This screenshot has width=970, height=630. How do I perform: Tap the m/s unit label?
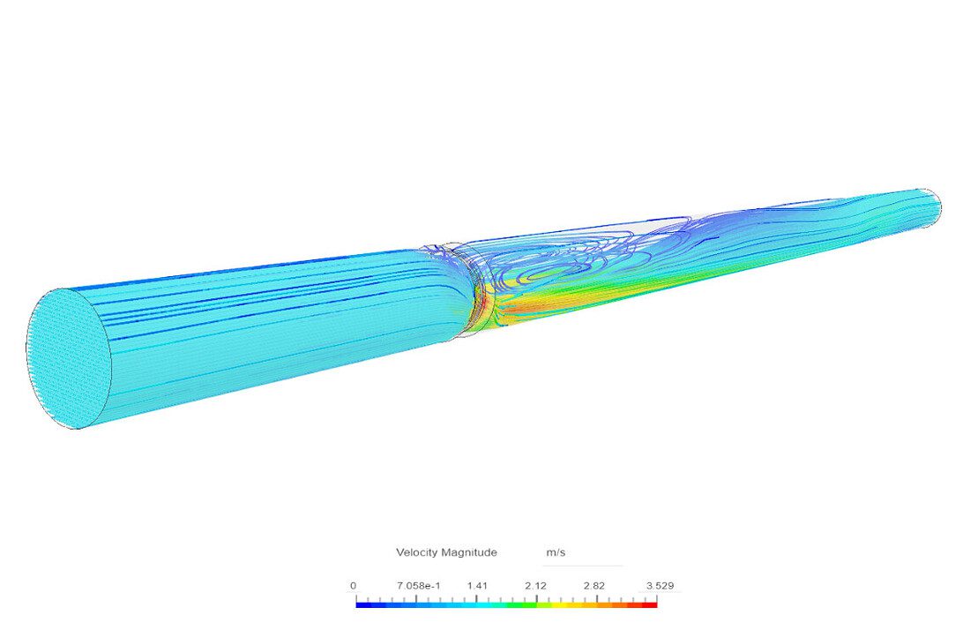(556, 552)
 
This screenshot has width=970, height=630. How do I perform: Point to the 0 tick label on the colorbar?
(354, 585)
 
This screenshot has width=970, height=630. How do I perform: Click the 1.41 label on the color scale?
(477, 585)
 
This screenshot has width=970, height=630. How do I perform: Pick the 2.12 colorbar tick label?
(535, 585)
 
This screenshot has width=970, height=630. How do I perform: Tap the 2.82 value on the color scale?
(593, 585)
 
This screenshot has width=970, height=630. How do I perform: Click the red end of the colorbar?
(650, 604)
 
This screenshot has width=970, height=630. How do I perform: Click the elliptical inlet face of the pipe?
(69, 357)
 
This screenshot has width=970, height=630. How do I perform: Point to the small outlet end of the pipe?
(931, 206)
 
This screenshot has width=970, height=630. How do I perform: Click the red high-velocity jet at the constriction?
(483, 305)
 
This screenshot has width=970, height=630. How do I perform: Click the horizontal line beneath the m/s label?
(582, 566)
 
